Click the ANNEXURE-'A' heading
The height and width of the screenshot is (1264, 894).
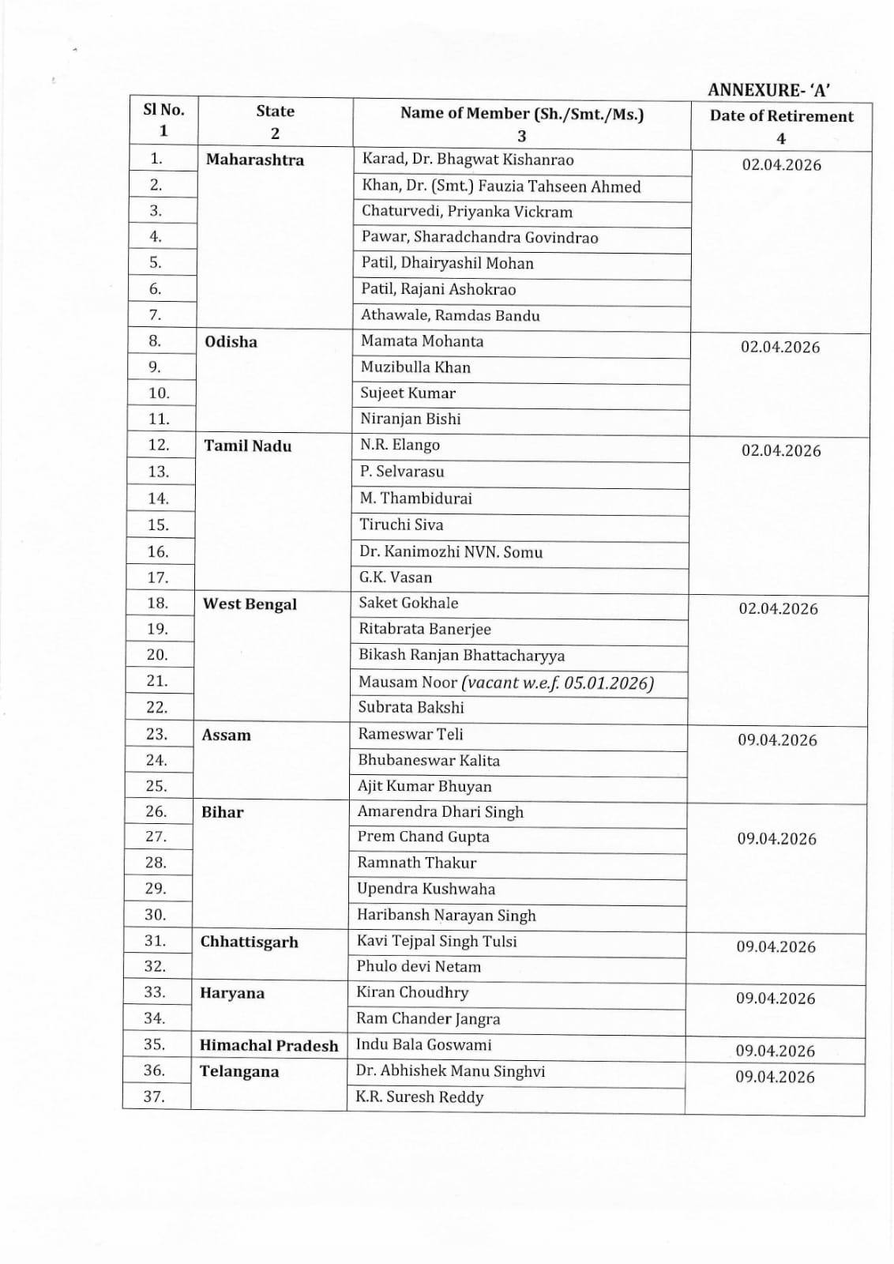768,90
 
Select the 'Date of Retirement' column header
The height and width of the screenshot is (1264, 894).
781,116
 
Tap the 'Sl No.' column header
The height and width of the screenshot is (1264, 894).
163,110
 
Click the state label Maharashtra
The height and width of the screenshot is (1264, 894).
254,160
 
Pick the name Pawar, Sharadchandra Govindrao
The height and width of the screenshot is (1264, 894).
479,237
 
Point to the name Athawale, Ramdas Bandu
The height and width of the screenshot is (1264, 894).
450,315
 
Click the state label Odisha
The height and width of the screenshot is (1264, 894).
231,341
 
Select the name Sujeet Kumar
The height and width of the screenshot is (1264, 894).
408,393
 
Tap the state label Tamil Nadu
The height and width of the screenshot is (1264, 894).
247,446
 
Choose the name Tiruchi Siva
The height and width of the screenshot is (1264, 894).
401,525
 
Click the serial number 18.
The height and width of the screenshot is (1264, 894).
158,603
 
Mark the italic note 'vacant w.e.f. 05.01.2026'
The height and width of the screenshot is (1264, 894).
558,683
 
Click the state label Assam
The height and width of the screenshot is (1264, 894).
226,735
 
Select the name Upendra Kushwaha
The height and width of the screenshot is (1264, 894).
426,889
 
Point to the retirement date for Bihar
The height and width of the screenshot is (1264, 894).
776,839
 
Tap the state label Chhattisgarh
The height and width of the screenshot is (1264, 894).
249,942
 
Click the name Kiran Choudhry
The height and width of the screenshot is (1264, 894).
412,992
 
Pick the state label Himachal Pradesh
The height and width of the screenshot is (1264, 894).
269,1045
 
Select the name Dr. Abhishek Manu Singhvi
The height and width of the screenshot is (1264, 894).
450,1071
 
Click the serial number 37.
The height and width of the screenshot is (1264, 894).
155,1097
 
